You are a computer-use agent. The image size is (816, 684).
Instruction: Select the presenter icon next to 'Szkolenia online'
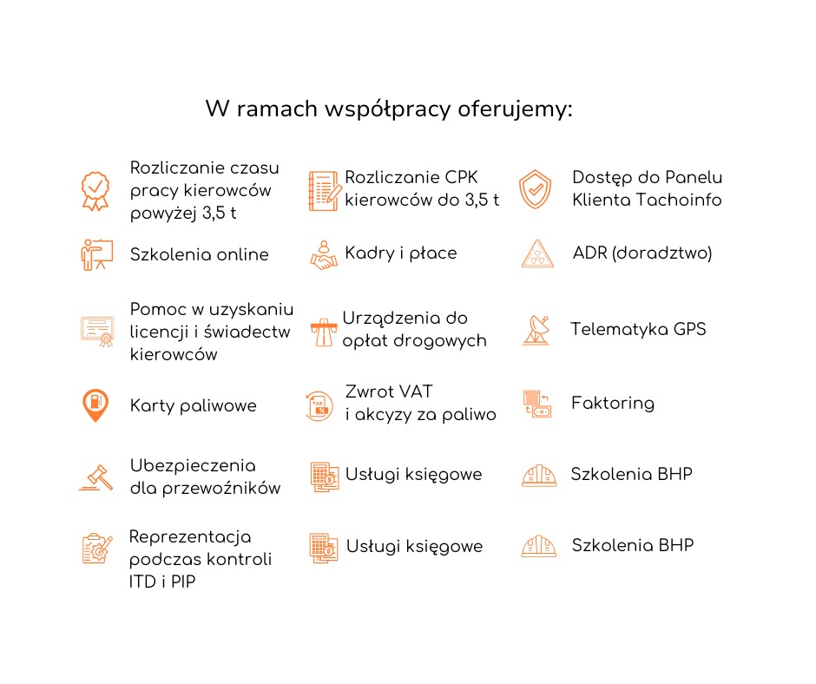pyautogui.click(x=95, y=254)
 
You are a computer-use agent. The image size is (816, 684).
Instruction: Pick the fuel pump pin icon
pyautogui.click(x=95, y=405)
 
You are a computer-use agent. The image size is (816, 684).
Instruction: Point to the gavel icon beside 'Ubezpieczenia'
pyautogui.click(x=95, y=477)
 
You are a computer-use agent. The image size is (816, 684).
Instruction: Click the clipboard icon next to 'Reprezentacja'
pyautogui.click(x=96, y=548)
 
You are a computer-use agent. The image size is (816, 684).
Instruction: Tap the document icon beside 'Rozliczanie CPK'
pyautogui.click(x=323, y=190)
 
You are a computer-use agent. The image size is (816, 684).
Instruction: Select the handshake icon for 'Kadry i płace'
pyautogui.click(x=324, y=254)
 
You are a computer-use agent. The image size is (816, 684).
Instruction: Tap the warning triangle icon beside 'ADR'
pyautogui.click(x=536, y=253)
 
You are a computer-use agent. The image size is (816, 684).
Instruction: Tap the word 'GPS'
pyautogui.click(x=689, y=329)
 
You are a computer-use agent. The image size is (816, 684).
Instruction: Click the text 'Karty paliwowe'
pyautogui.click(x=193, y=406)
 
